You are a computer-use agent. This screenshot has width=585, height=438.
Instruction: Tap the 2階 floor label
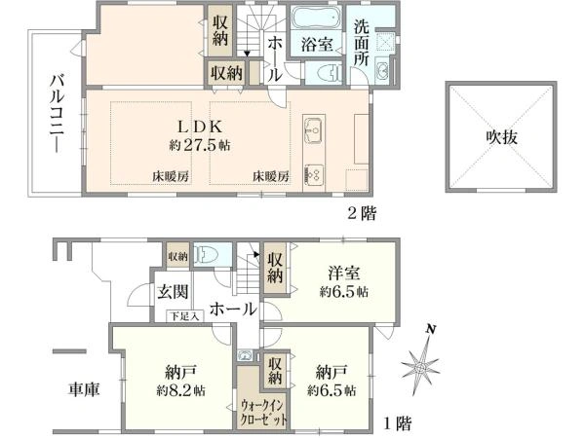point(361,210)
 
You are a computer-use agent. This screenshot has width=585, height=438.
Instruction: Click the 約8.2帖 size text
point(177,390)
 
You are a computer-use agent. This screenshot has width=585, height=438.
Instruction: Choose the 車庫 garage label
point(82,387)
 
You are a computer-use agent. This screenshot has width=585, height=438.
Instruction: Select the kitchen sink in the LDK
point(314,129)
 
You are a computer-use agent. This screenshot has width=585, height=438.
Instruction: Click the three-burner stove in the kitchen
point(314,174)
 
